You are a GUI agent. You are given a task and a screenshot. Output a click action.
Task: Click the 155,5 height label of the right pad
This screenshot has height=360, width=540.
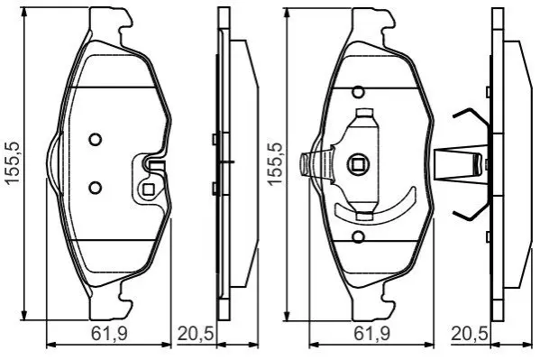(275, 163)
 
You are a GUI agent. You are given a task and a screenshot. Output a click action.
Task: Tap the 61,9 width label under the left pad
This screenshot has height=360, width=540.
(109, 334)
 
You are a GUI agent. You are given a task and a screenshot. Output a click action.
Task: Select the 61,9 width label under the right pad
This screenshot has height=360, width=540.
(371, 334)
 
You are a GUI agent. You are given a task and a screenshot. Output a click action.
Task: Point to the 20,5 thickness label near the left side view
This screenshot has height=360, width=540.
(196, 334)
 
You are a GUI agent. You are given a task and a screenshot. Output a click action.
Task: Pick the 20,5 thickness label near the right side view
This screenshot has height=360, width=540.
(470, 334)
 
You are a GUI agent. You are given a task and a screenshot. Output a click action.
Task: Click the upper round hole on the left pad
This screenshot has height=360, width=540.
(95, 140)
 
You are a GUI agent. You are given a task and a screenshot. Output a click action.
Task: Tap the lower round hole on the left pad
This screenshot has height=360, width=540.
(95, 188)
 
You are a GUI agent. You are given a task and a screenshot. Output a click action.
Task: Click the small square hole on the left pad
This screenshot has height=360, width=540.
(149, 189)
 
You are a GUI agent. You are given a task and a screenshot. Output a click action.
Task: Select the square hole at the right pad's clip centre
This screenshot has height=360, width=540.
(358, 165)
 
